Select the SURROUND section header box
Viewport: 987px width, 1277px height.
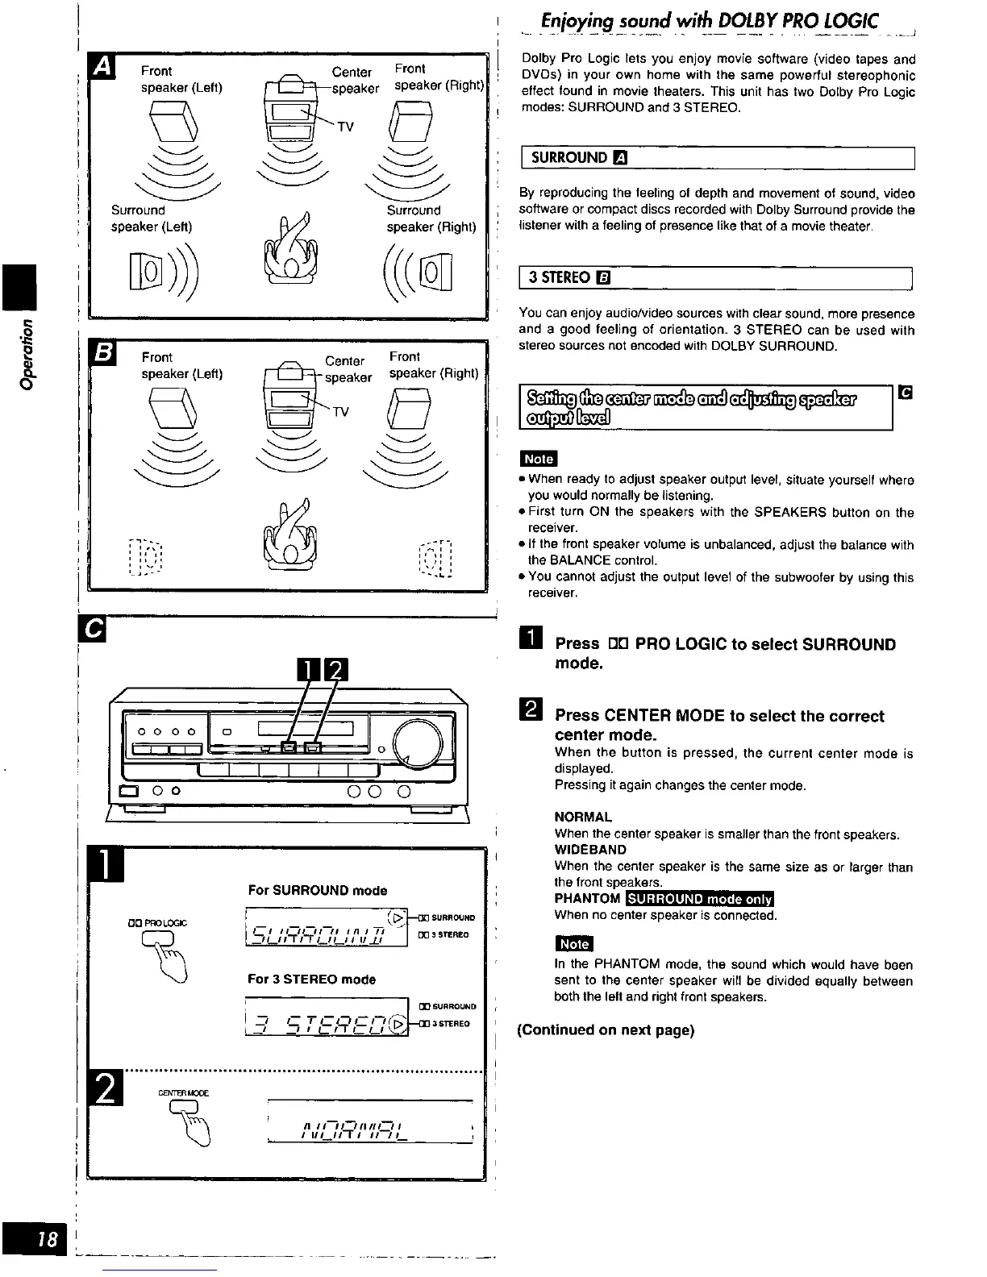coord(717,158)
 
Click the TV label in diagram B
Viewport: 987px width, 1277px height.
coord(341,413)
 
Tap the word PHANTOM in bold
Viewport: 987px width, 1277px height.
coord(587,899)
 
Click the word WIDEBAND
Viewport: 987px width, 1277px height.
coord(590,850)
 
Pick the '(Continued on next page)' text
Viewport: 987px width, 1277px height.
coord(606,1030)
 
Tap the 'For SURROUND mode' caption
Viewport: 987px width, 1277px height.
coord(318,891)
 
